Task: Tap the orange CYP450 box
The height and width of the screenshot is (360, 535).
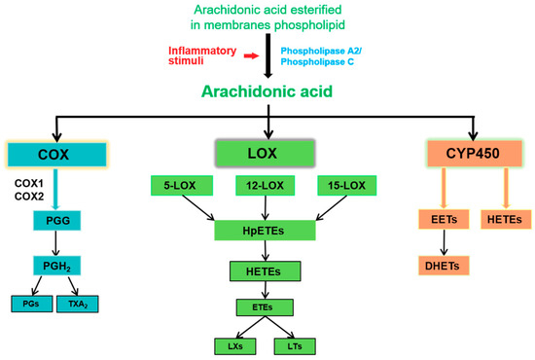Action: tap(473, 154)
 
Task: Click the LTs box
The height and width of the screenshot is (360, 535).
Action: tap(298, 345)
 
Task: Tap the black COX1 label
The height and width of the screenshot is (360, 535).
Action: tap(31, 182)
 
